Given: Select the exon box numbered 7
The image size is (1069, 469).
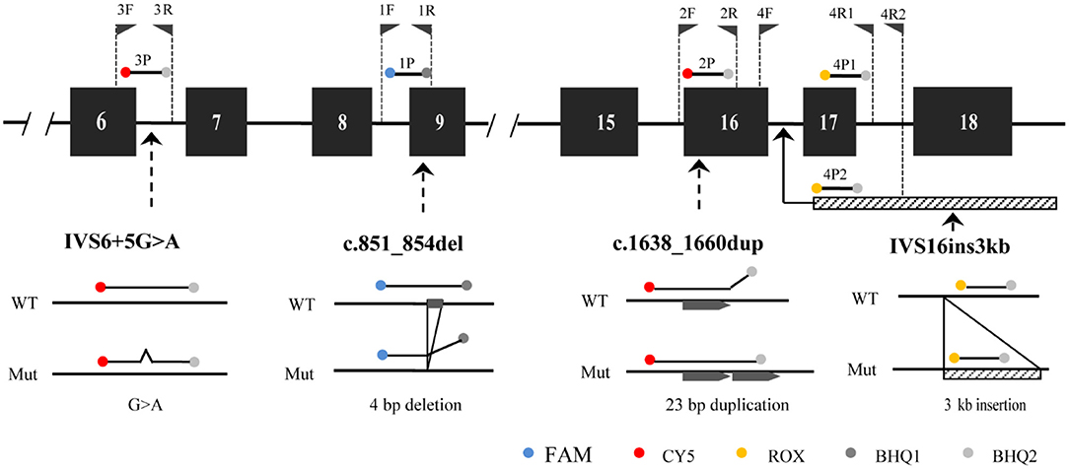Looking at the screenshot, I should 215,123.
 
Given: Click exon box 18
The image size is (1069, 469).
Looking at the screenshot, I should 962,123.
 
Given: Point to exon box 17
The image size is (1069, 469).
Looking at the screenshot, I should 828,123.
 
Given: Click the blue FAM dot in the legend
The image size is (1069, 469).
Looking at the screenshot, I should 525,454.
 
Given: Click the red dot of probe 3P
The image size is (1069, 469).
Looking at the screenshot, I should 125,72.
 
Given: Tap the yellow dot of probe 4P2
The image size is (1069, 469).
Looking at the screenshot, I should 816,187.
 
